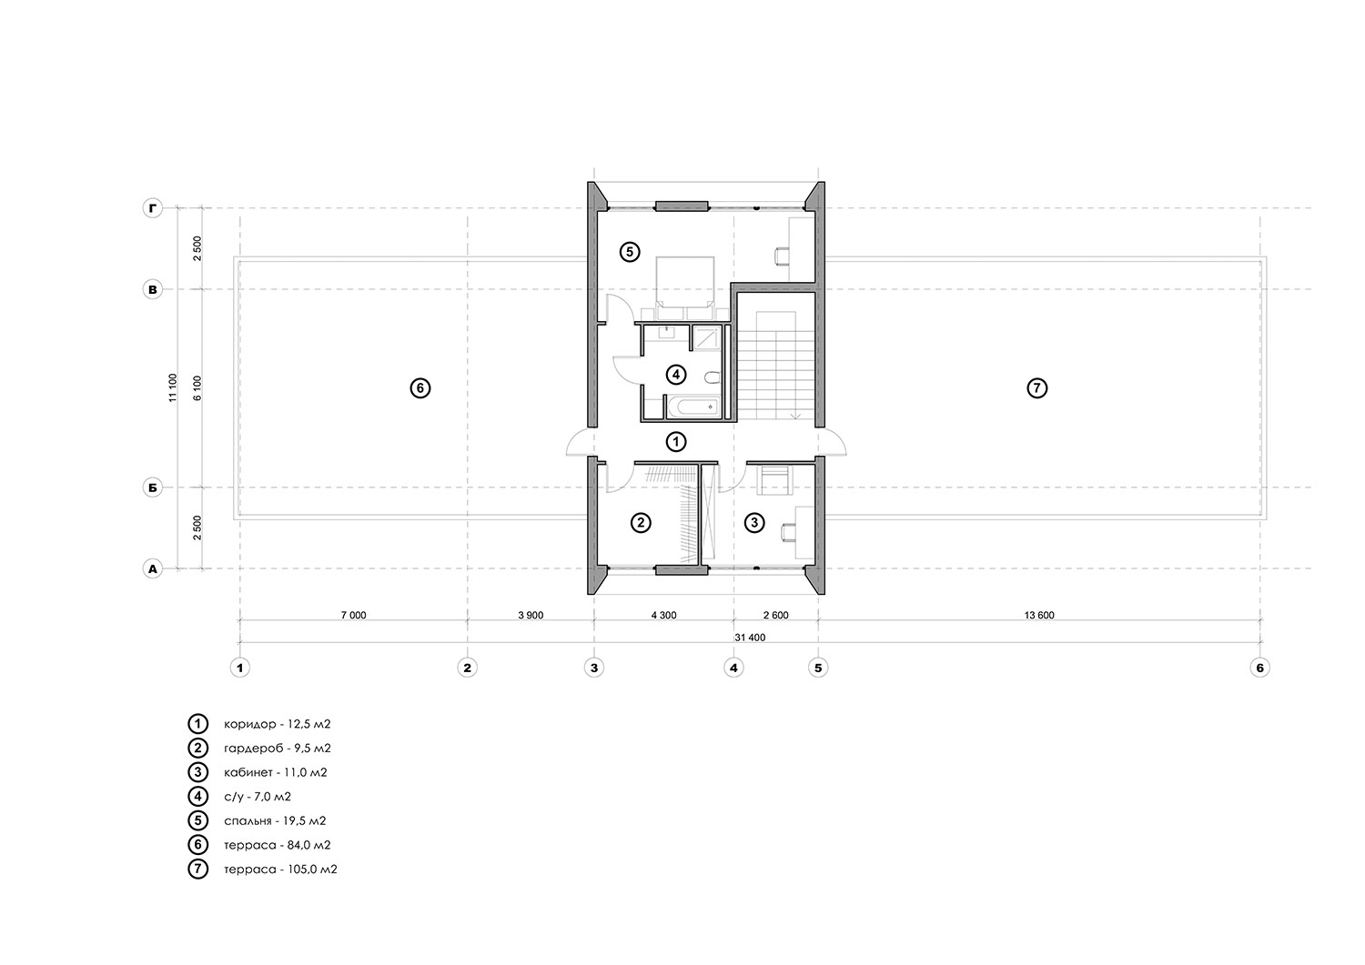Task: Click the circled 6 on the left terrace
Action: coord(420,388)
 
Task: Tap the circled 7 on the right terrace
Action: coord(1037,388)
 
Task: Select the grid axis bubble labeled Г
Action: coord(153,208)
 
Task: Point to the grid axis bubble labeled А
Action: coord(153,569)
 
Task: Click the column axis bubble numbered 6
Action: coord(1260,668)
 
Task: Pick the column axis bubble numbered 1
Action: coord(240,668)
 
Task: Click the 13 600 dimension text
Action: coord(1039,616)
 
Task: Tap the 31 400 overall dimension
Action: coord(750,638)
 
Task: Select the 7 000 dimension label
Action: coord(353,616)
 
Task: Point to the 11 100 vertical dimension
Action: coord(173,387)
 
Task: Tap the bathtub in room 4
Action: coord(693,407)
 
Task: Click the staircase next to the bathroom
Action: coord(776,366)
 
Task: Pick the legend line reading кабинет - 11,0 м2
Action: coord(276,772)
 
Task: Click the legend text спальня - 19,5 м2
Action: coord(275,820)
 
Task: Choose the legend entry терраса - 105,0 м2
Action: coord(280,870)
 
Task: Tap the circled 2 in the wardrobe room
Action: coord(641,523)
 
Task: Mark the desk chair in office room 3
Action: coord(788,532)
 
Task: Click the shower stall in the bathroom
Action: coord(707,338)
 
